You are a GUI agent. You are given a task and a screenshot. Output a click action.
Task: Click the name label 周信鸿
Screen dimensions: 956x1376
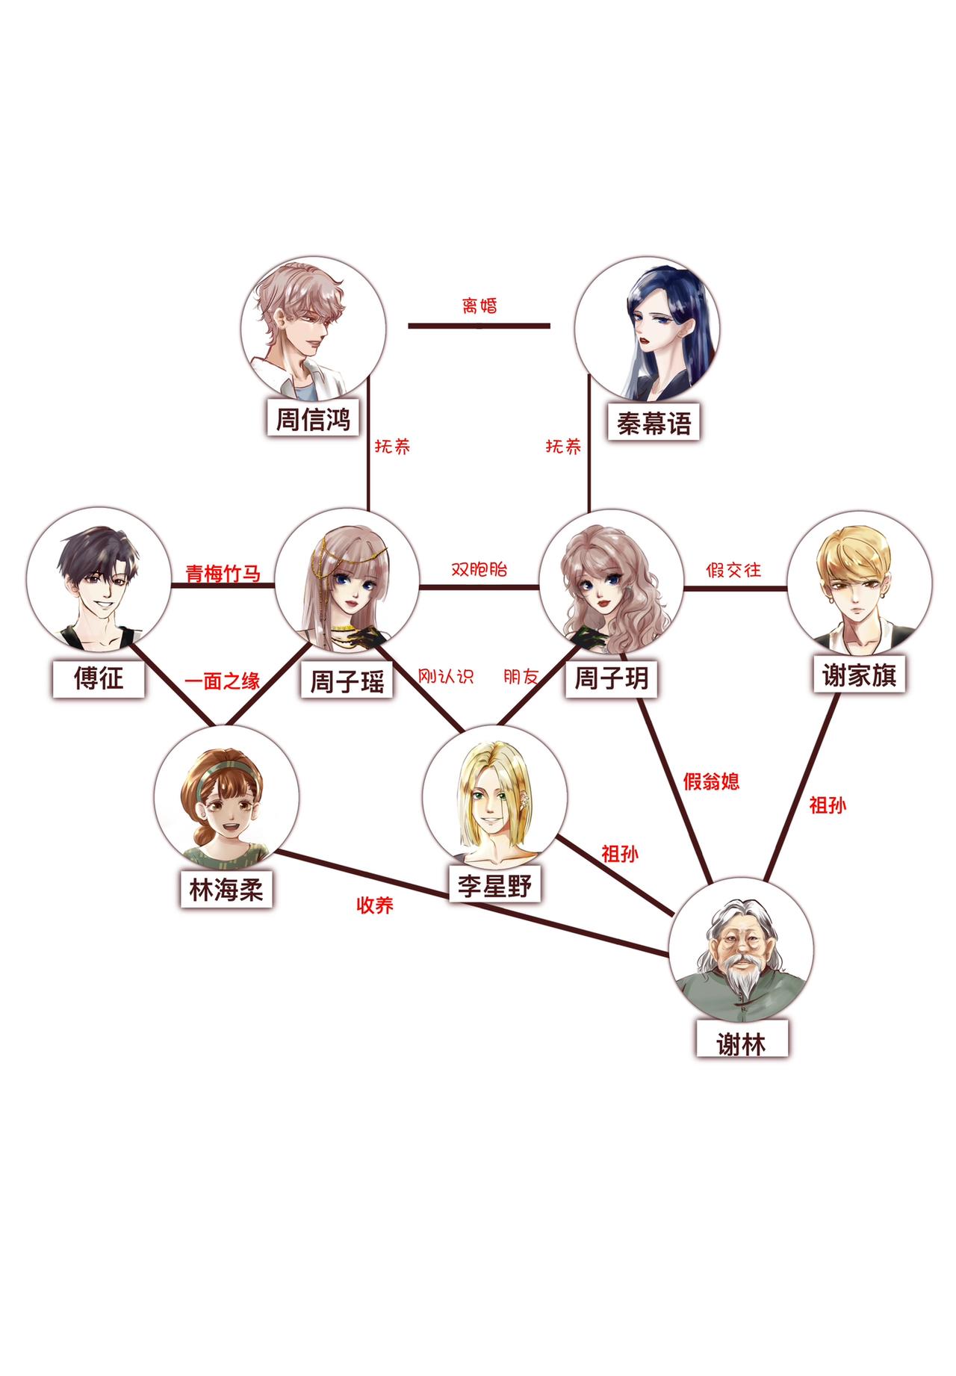(x=313, y=418)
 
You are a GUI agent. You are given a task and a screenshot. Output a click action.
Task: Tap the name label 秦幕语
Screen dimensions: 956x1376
(x=654, y=423)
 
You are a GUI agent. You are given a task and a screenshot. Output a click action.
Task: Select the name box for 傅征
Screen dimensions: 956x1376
(x=98, y=679)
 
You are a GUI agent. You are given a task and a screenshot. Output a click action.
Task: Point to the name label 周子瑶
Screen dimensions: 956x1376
(x=347, y=681)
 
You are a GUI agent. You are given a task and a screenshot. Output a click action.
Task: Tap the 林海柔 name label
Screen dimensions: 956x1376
(x=226, y=889)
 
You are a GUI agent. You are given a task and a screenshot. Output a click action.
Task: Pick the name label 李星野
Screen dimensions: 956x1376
(x=494, y=885)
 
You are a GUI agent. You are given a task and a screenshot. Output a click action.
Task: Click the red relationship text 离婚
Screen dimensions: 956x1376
(x=479, y=306)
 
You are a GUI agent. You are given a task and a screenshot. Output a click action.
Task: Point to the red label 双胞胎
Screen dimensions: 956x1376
(x=479, y=568)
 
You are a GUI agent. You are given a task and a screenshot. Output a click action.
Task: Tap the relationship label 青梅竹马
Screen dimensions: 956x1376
(x=223, y=574)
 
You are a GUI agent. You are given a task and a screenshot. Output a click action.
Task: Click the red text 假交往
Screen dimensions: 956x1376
(x=733, y=570)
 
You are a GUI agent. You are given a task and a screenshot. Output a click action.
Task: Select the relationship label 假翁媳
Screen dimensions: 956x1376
(x=711, y=781)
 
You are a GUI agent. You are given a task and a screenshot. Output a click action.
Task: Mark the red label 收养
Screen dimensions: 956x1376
(x=375, y=905)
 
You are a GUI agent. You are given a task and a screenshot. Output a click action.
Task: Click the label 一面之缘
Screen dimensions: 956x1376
(x=223, y=681)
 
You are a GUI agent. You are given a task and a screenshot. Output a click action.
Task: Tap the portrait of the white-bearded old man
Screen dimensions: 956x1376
(x=742, y=952)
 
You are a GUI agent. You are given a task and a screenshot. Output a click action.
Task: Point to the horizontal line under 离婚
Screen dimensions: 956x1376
(x=479, y=326)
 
